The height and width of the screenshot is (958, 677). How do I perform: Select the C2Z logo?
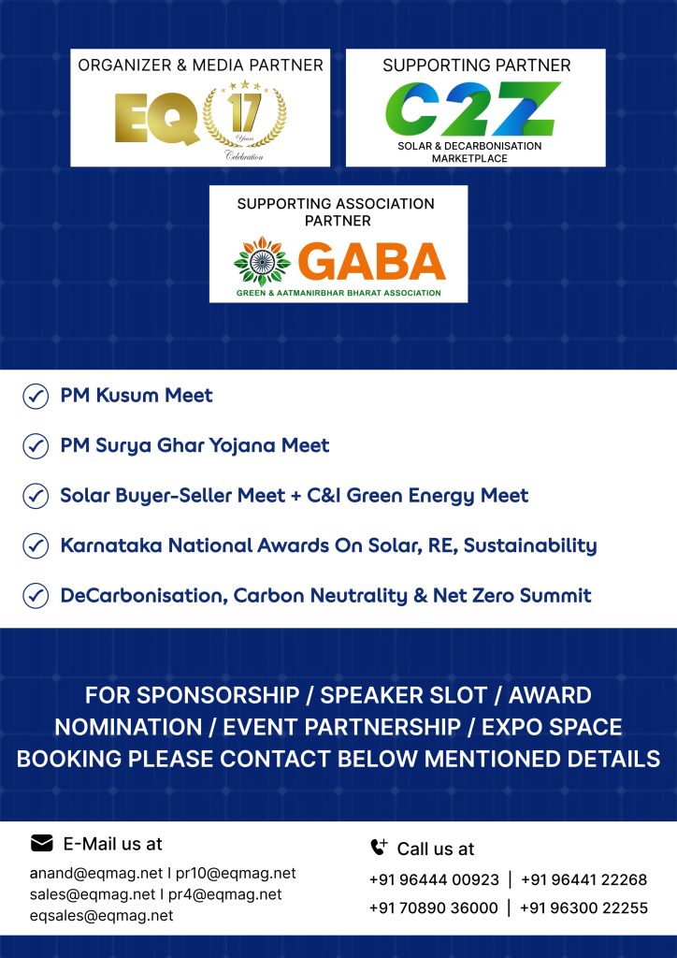[x=474, y=109]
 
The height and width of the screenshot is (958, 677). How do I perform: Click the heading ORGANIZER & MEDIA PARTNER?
[x=200, y=65]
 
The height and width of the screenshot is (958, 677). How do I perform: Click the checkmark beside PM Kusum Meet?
[x=36, y=397]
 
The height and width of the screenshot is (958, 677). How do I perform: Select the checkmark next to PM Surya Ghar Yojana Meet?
[x=36, y=446]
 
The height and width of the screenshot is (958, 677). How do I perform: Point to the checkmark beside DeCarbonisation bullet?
[x=36, y=595]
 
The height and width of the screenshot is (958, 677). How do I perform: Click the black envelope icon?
[x=42, y=843]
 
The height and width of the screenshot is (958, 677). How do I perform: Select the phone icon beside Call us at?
[x=379, y=848]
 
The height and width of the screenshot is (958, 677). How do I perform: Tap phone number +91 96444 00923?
[x=434, y=879]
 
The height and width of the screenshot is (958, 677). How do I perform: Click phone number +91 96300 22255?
[x=583, y=907]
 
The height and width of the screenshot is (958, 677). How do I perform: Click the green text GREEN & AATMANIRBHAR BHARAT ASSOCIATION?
[x=338, y=293]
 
